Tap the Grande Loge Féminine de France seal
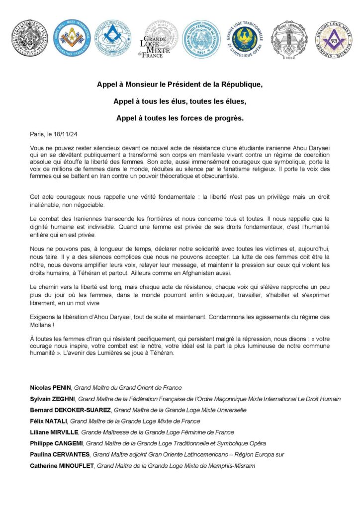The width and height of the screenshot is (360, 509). coord(201,39)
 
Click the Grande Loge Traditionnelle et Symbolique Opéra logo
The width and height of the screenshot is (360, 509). coord(244,39)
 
